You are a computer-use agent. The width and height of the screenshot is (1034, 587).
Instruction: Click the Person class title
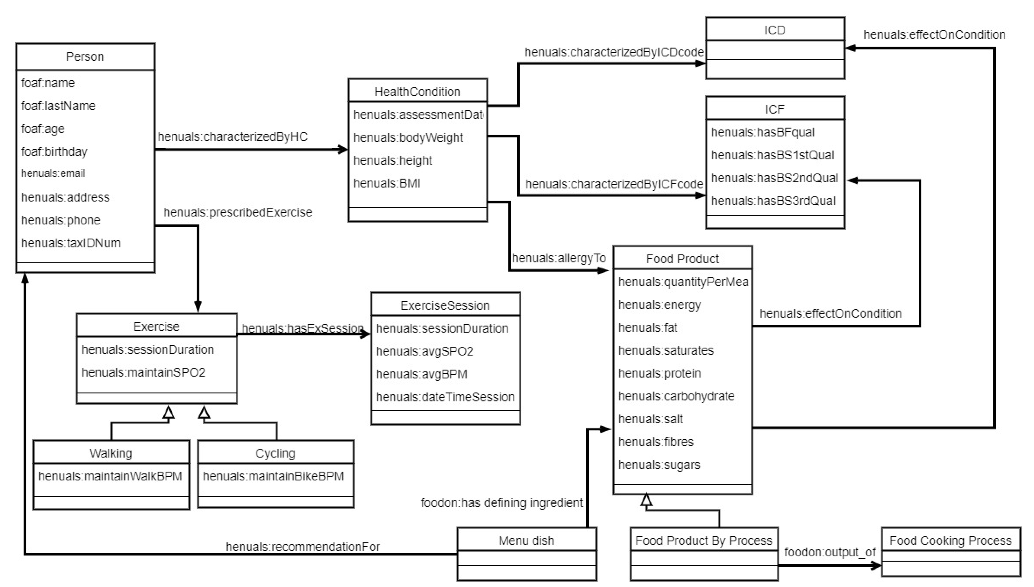[x=85, y=57]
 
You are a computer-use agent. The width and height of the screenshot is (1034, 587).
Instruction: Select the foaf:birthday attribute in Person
[x=54, y=152]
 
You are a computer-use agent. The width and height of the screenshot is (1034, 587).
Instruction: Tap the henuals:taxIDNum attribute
[x=70, y=243]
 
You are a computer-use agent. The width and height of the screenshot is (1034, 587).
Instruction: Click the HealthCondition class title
[x=417, y=92]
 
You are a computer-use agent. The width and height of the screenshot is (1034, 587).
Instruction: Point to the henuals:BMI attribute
[x=387, y=184]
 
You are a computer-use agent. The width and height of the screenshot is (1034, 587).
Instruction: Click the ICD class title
[x=774, y=30]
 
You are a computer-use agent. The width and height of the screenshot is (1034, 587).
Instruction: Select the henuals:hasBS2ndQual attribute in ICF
[x=774, y=178]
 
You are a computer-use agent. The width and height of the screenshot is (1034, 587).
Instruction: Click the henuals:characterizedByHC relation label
[x=232, y=137]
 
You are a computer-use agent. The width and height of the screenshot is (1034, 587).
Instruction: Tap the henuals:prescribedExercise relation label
[x=237, y=212]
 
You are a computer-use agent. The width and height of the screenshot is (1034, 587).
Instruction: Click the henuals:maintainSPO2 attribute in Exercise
[x=143, y=373]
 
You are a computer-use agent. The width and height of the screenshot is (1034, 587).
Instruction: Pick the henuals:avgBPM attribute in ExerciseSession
[x=421, y=375]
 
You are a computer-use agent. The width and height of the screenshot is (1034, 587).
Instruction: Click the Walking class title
[x=111, y=454]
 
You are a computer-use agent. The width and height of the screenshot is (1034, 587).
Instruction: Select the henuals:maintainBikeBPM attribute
[x=273, y=476]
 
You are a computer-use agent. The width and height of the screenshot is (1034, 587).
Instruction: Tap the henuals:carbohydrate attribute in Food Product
[x=676, y=396]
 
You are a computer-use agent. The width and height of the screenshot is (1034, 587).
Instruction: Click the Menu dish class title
[x=526, y=541]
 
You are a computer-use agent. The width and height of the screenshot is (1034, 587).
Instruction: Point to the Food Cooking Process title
[x=950, y=541]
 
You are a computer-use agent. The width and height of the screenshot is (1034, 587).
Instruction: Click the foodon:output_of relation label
[x=830, y=552]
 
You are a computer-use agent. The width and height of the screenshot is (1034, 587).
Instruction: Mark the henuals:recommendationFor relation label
[x=302, y=547]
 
